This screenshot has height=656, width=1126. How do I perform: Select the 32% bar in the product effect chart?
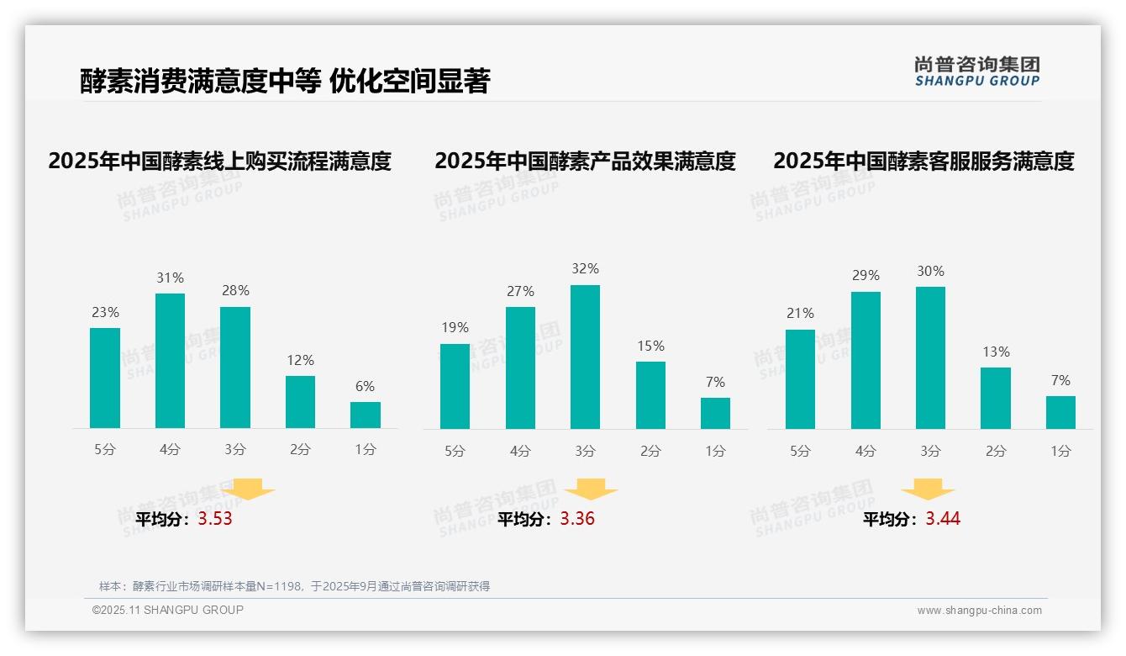point(585,357)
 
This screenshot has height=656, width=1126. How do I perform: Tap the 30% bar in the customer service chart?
point(930,357)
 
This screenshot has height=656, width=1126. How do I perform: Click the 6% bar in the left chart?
point(366,415)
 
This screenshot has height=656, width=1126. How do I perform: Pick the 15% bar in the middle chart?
point(650,394)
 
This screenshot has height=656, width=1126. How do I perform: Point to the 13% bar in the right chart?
point(996,398)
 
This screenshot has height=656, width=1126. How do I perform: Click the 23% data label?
point(105,313)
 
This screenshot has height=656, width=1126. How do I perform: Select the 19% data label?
point(455,328)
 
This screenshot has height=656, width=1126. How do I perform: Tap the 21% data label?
point(800,313)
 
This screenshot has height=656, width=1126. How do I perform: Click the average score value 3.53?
point(215,519)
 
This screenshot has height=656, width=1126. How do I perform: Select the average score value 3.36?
point(577,519)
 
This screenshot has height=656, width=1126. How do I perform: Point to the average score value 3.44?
point(943,519)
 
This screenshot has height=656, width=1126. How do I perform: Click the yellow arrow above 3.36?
point(592,489)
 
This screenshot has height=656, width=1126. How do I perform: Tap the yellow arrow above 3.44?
point(928,489)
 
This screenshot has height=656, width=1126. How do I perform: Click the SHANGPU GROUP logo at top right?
point(976,71)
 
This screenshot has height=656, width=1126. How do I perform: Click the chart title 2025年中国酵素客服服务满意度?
point(923,161)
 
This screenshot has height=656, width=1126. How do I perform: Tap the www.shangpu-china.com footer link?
point(979,611)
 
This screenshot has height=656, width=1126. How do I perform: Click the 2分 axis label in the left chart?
point(300,449)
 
